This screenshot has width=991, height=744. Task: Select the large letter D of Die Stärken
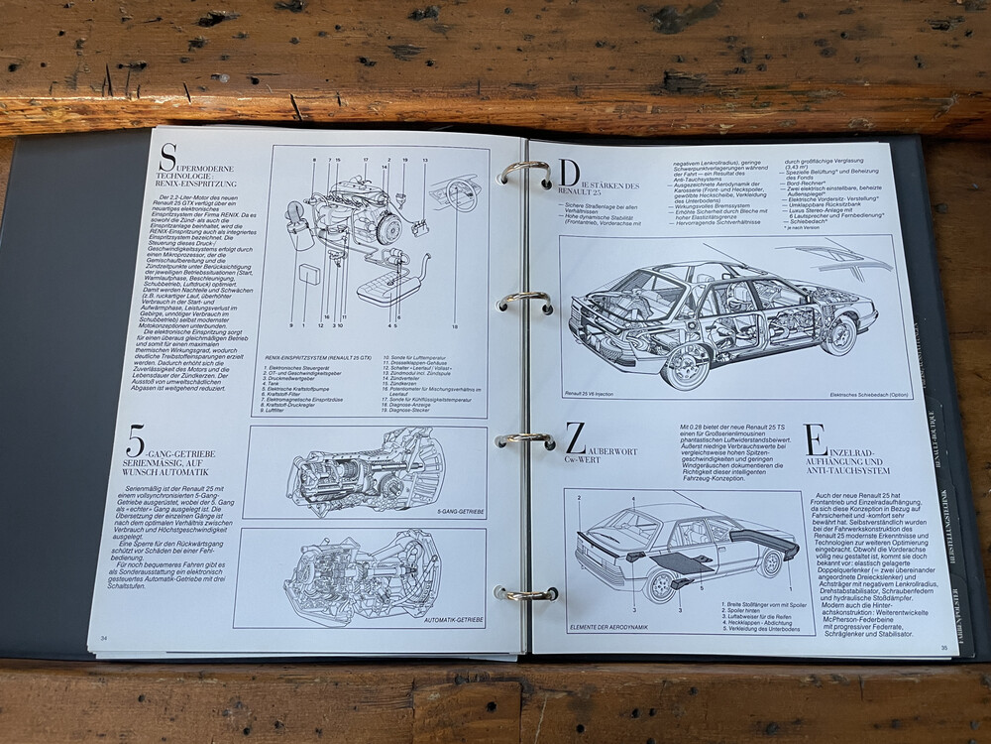(572, 174)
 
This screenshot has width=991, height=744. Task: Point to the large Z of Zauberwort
(577, 437)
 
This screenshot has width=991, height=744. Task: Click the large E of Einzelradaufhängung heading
(816, 439)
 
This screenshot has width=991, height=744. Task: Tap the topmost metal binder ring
(525, 174)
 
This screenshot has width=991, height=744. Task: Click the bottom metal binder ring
(525, 593)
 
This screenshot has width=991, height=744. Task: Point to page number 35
(943, 647)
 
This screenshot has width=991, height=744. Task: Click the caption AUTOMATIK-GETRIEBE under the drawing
(454, 619)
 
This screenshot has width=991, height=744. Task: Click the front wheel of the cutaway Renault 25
(837, 334)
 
